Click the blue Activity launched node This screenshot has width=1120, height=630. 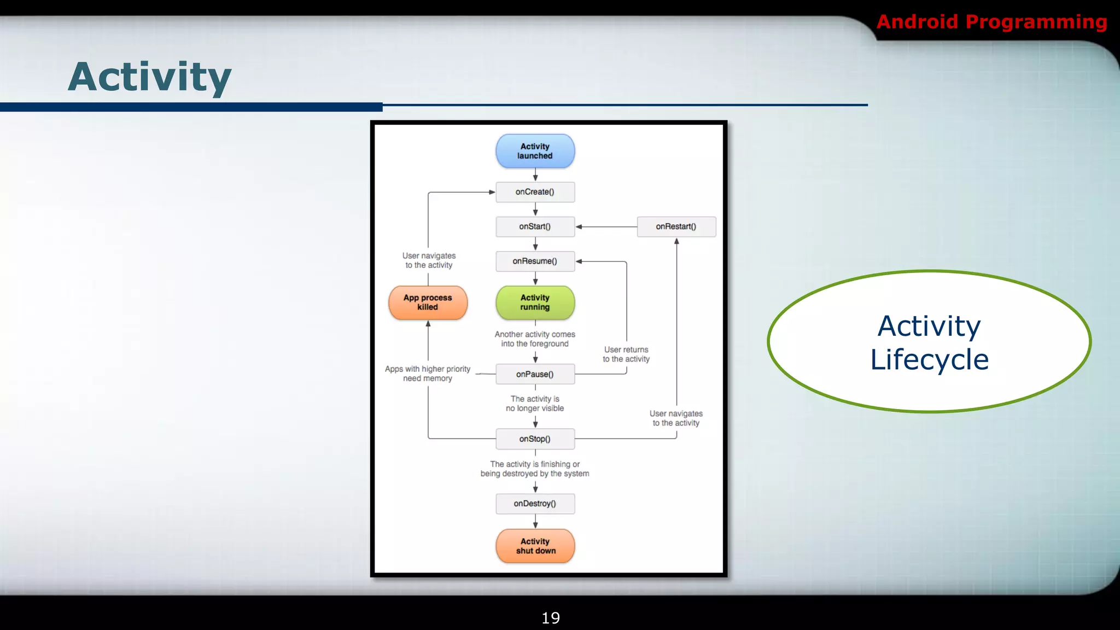point(535,151)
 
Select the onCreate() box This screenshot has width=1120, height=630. point(535,192)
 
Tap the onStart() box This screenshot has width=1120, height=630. point(535,226)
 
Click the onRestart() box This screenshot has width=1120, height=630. point(676,226)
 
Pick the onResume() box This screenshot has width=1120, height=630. point(535,261)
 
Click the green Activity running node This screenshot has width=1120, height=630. point(535,302)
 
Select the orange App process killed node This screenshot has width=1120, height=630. point(428,302)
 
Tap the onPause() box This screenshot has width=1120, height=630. point(535,374)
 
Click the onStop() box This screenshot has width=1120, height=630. point(535,439)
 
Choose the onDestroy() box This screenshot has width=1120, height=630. point(535,504)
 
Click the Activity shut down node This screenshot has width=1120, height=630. point(535,546)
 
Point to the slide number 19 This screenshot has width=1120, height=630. point(550,618)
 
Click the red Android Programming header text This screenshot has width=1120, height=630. point(991,22)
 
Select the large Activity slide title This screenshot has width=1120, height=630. point(150,77)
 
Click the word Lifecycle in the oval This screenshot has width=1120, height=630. point(929,360)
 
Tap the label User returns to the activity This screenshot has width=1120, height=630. point(626,354)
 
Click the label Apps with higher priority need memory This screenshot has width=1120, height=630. point(428,374)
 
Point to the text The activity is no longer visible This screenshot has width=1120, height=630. point(535,404)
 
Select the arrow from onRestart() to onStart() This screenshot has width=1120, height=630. point(606,226)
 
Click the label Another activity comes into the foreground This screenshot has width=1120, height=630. point(535,339)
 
